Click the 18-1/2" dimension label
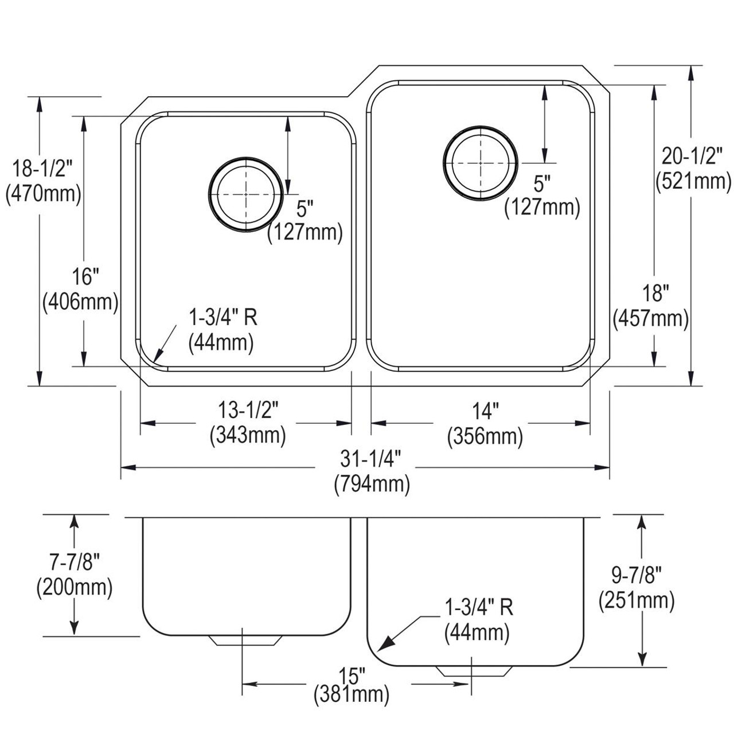[43, 170]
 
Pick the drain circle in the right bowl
[480, 163]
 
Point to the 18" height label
[653, 294]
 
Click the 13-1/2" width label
[248, 411]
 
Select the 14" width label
[485, 411]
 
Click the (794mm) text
[372, 485]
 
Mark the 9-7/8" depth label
[637, 573]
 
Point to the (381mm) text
[352, 696]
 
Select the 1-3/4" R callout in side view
[478, 607]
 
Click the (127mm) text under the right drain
[542, 207]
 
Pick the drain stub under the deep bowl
[474, 671]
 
